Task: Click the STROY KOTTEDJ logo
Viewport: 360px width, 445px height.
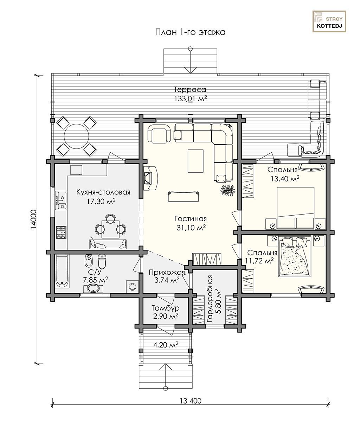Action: [x=329, y=21]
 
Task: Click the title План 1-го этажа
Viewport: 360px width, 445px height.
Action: [x=190, y=32]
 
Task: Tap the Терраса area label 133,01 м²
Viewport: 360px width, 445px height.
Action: [x=191, y=98]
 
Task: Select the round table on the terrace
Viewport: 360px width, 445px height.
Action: [x=76, y=136]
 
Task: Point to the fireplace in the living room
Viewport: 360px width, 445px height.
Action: [x=150, y=178]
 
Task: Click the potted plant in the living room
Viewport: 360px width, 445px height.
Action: [x=227, y=190]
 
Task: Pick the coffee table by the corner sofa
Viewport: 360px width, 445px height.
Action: [x=195, y=161]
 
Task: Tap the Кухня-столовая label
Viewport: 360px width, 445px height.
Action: [x=103, y=192]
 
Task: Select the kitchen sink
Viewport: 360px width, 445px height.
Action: [x=61, y=201]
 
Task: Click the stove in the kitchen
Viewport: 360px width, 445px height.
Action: [x=61, y=232]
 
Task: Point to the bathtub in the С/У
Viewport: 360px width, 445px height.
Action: [x=62, y=271]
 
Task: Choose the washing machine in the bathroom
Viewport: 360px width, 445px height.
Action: [x=132, y=286]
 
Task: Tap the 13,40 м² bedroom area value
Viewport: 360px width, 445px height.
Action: [x=285, y=179]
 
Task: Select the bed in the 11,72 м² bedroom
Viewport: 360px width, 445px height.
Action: [x=295, y=256]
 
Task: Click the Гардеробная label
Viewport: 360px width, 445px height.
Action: [x=210, y=299]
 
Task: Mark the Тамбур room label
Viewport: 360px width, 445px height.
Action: [x=165, y=308]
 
